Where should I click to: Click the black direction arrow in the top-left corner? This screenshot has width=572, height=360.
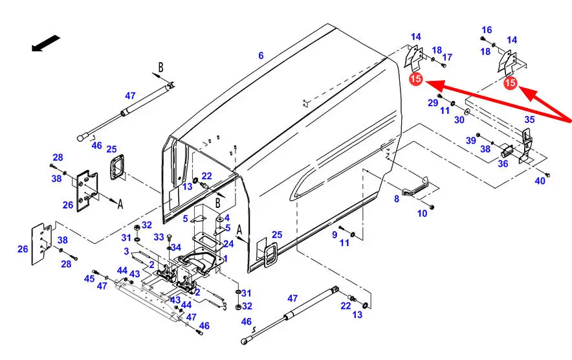click(x=43, y=44)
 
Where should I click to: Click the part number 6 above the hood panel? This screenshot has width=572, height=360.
click(x=261, y=56)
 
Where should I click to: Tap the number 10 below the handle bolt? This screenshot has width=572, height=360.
click(x=422, y=213)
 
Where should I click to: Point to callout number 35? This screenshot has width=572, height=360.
click(x=529, y=120)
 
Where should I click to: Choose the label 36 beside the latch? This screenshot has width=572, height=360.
click(x=503, y=164)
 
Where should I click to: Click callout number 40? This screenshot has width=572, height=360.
click(x=540, y=181)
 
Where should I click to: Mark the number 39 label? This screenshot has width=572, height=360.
click(x=470, y=141)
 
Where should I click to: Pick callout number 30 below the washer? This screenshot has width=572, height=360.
click(x=459, y=120)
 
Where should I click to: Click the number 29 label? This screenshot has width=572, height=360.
click(x=433, y=103)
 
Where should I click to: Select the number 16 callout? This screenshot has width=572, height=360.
click(x=487, y=30)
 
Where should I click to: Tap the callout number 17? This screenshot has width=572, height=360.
click(x=447, y=57)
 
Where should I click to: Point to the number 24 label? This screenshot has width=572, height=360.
click(x=228, y=245)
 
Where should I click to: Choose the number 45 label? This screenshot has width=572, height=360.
click(x=89, y=278)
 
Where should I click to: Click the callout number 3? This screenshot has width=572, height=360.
click(x=127, y=251)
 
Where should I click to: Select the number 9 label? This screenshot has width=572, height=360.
click(x=335, y=234)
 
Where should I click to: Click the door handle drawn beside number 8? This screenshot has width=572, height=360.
click(x=415, y=189)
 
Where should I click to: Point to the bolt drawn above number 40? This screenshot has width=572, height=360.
click(x=547, y=175)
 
